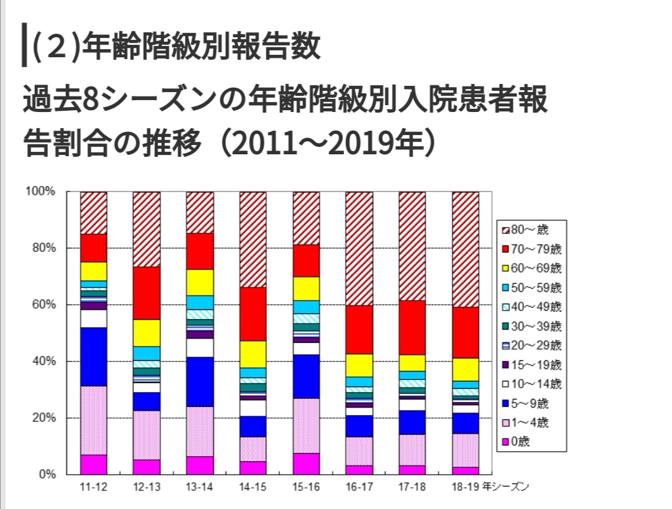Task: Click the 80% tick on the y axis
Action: [x=41, y=248]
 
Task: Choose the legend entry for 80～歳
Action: [x=530, y=230]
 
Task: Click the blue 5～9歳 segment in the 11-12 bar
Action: [x=93, y=357]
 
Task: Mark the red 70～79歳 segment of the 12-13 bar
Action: [x=146, y=293]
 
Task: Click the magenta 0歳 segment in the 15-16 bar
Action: [x=306, y=464]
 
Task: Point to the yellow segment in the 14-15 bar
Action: [x=253, y=354]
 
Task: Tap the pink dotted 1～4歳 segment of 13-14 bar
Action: [x=200, y=431]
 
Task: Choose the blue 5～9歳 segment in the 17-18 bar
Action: [x=412, y=422]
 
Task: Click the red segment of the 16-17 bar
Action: [x=359, y=330]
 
